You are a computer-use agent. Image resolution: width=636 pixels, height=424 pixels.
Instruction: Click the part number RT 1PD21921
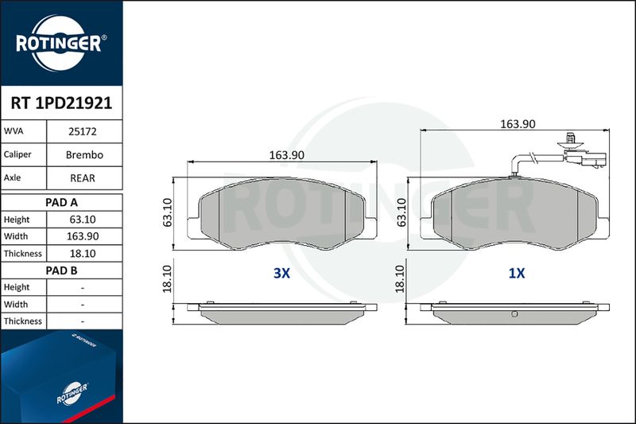(61, 103)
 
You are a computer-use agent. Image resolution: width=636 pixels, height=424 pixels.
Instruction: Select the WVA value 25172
(83, 131)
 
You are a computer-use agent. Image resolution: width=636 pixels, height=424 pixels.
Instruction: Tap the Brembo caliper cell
(84, 154)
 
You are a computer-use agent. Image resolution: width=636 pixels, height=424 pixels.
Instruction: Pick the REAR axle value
(83, 178)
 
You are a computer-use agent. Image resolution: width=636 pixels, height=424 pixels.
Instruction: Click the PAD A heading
(62, 203)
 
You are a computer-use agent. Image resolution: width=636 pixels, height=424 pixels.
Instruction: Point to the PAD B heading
(62, 270)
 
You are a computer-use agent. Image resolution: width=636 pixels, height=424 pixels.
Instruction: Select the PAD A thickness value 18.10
(83, 254)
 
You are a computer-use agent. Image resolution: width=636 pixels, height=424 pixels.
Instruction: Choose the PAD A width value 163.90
(83, 236)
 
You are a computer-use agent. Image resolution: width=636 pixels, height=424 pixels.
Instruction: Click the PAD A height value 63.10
(83, 220)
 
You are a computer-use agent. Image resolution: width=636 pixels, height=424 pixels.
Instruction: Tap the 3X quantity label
(282, 273)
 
